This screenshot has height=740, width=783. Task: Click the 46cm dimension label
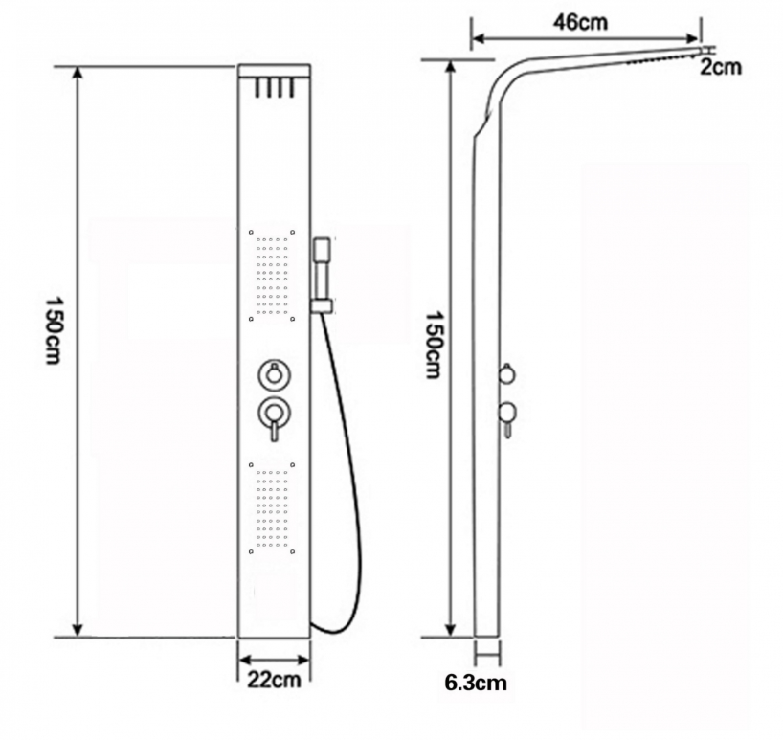(x=580, y=22)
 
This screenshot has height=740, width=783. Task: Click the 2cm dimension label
(x=720, y=67)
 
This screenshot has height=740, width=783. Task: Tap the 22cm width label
(x=274, y=680)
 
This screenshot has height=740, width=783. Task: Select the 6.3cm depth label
(x=476, y=683)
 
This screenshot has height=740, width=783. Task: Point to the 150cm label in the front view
(x=54, y=331)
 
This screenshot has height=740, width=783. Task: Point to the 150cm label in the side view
(x=434, y=345)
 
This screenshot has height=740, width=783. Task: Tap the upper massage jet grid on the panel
(x=272, y=275)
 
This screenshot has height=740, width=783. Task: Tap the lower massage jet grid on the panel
(x=272, y=507)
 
